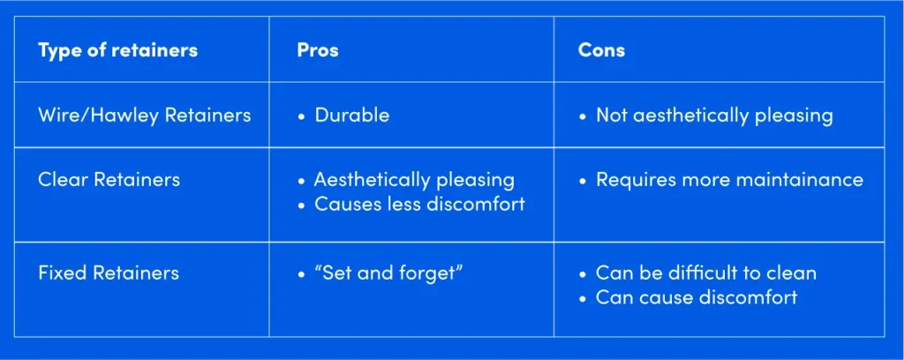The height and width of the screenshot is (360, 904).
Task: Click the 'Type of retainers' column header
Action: [x=117, y=49]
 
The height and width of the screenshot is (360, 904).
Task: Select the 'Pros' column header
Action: [x=317, y=49]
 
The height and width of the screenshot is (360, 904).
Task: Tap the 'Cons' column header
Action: [x=601, y=49]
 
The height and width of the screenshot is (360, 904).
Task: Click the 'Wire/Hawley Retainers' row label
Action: [x=144, y=115]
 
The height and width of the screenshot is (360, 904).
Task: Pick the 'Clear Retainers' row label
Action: [x=109, y=179]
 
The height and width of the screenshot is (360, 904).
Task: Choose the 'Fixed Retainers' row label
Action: [x=108, y=272]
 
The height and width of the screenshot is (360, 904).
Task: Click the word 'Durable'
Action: [x=351, y=115]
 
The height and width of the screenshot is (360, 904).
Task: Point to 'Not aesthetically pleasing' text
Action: [x=713, y=115]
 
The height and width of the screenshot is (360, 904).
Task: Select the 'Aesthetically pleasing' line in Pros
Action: [x=413, y=179]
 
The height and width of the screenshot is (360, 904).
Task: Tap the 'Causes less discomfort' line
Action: [x=418, y=204]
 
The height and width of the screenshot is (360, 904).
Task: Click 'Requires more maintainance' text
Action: [x=728, y=179]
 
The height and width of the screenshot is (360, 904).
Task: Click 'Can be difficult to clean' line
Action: [x=705, y=272]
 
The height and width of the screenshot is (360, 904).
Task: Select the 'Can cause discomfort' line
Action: [x=696, y=296]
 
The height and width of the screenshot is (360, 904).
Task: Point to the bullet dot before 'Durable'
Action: [x=301, y=116]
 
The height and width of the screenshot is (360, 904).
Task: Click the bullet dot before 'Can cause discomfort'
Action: [x=583, y=297]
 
